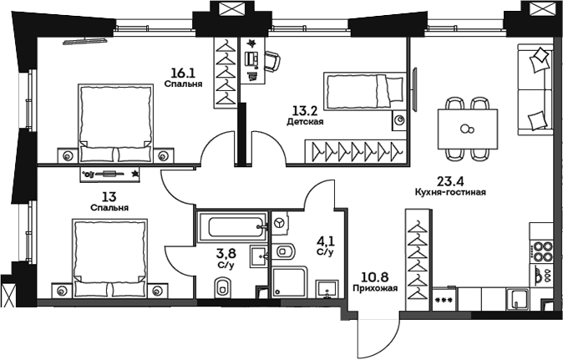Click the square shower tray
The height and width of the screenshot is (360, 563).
(x=290, y=281)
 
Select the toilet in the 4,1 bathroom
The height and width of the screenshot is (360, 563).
(x=286, y=251)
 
